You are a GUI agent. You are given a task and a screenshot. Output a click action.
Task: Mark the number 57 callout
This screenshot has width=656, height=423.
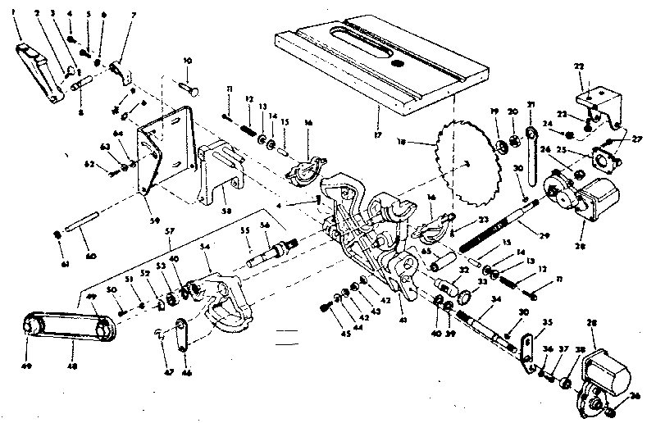point(170,232)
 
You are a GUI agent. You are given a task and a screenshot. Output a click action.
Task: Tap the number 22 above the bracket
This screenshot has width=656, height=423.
point(579,66)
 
